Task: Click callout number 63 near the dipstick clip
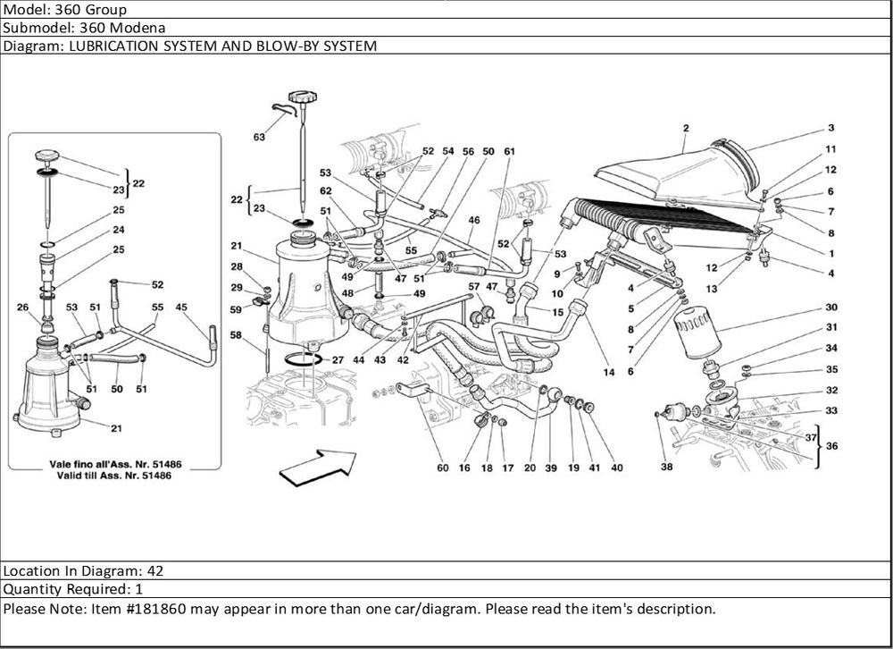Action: (259, 138)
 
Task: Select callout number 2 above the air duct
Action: (685, 128)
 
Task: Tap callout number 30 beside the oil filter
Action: (830, 307)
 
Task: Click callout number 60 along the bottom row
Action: (442, 468)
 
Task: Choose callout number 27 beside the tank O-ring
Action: (337, 359)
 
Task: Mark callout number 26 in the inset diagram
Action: (22, 308)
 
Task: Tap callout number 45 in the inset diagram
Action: (181, 308)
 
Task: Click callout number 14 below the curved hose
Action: (609, 372)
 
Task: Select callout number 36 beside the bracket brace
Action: (830, 446)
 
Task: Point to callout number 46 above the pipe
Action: (474, 219)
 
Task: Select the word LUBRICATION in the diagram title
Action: (107, 46)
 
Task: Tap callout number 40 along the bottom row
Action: (616, 468)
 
